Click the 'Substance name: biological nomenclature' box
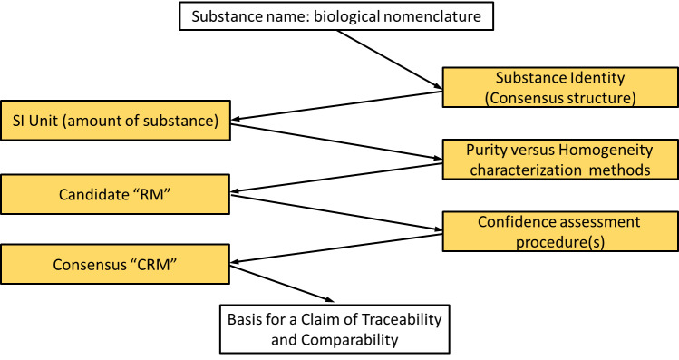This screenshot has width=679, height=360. [336, 16]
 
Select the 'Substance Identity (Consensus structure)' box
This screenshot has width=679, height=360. [560, 87]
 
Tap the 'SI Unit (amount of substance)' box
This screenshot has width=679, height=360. [115, 121]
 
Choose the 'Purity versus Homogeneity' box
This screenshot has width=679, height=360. [560, 159]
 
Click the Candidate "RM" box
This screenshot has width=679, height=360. [115, 194]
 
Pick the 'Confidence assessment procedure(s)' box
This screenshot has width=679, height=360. [560, 231]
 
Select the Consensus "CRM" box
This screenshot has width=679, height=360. [115, 264]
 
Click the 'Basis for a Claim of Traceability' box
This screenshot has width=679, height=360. [335, 329]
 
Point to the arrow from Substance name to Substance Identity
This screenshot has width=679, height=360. [390, 60]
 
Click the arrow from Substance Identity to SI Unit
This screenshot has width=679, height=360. [336, 106]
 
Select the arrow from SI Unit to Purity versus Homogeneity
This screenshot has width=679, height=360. [336, 142]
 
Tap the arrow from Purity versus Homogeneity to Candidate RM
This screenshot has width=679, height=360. [336, 178]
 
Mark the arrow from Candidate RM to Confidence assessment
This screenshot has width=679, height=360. [336, 212]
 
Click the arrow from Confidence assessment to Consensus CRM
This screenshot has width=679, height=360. [336, 248]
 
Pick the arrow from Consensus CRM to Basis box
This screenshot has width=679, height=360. [282, 284]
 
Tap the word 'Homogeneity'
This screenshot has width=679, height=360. [606, 151]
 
